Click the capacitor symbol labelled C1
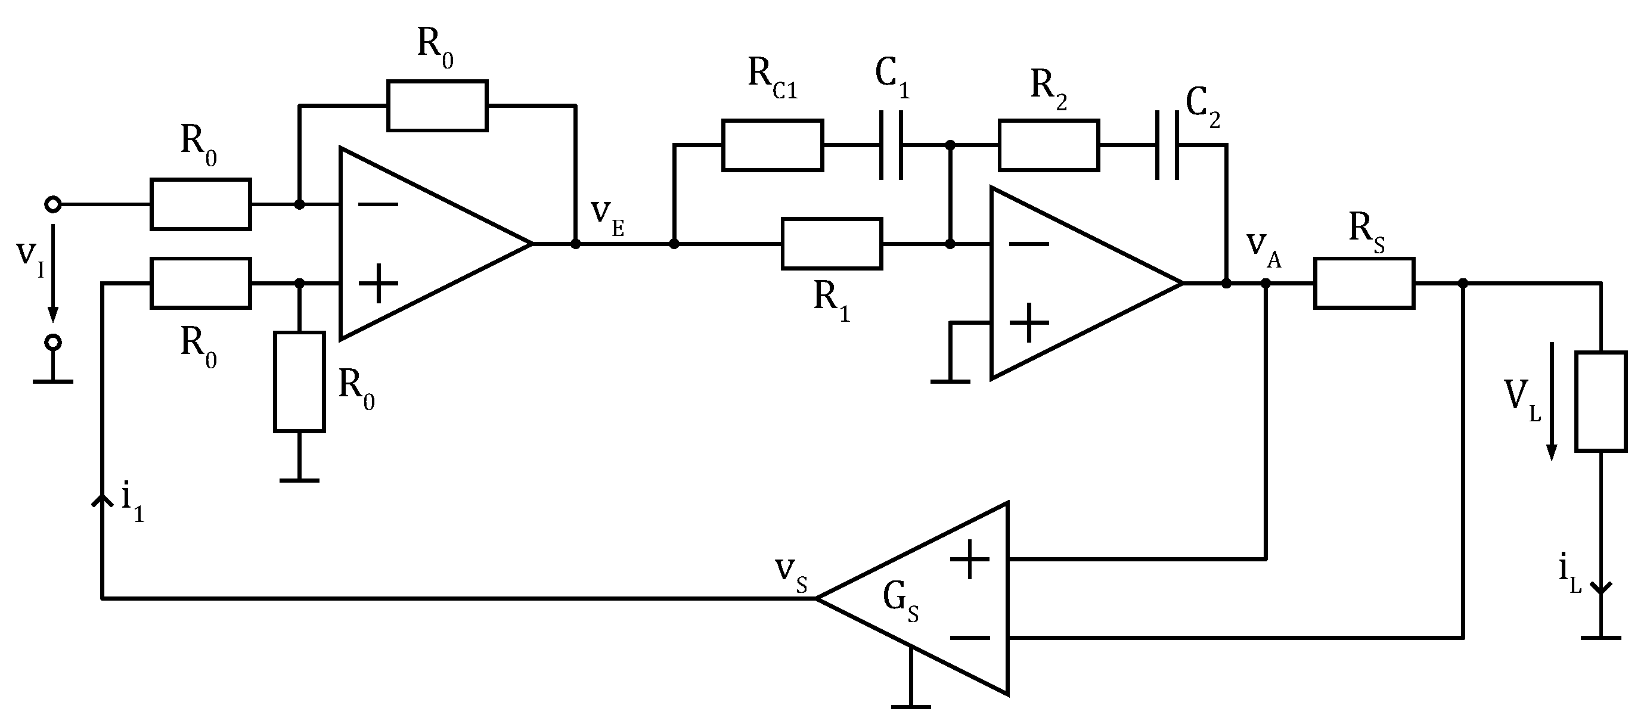(891, 145)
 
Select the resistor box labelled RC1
(773, 145)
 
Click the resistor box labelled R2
(1049, 145)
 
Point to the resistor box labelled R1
(831, 244)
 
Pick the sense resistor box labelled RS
(1364, 283)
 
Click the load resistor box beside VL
(1601, 401)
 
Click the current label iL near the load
(1570, 574)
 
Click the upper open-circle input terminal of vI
(53, 204)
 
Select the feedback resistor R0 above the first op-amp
(438, 105)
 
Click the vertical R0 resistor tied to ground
(299, 381)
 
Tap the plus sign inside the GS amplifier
(970, 559)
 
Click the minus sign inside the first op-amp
(378, 204)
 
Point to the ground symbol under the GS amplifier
(910, 706)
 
